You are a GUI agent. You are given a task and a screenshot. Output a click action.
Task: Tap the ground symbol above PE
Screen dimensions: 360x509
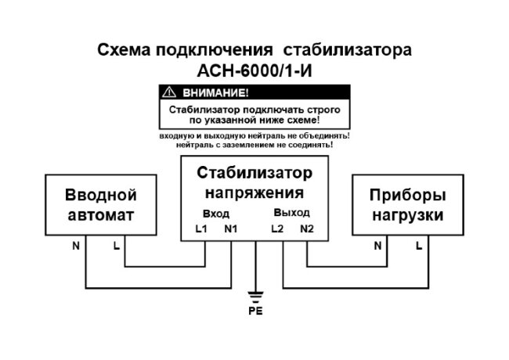(255, 295)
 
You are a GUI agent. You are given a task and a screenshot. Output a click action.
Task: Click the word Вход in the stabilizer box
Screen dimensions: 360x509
(215, 213)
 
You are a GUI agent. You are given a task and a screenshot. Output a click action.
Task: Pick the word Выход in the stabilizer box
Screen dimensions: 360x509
(291, 213)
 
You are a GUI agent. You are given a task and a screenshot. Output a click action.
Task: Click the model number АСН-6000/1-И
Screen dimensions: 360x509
(254, 70)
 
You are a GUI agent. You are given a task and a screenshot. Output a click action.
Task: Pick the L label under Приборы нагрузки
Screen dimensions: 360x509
(419, 247)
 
